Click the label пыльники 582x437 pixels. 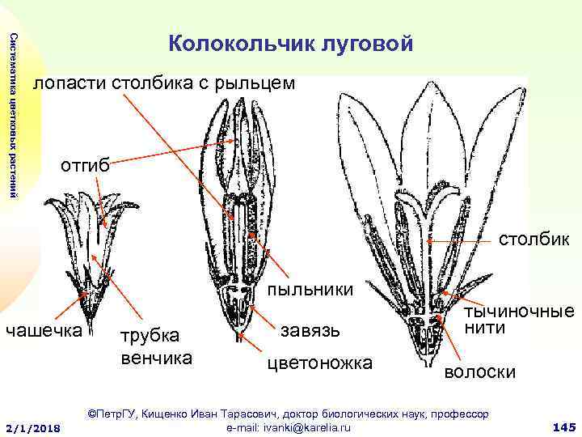tap(310, 290)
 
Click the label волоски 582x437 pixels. tap(480, 373)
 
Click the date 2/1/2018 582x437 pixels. tap(33, 427)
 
